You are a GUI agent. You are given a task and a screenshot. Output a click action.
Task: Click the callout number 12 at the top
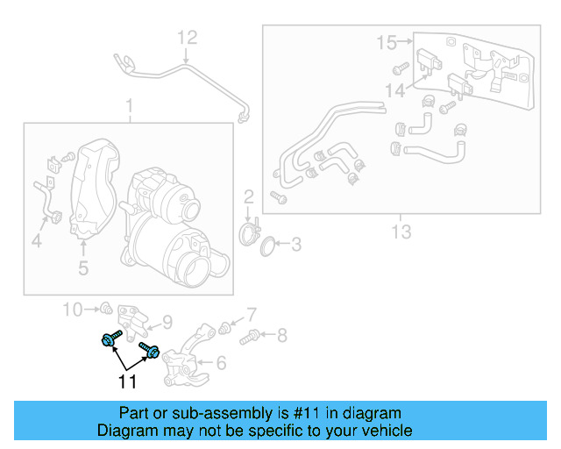[188, 38]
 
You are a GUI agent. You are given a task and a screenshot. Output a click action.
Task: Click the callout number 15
[387, 41]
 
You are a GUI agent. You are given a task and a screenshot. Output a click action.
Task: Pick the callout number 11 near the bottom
[128, 381]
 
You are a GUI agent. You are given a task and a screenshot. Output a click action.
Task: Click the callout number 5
[82, 267]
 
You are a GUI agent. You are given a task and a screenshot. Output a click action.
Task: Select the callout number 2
[248, 196]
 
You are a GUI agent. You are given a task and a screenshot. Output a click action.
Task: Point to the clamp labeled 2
[250, 232]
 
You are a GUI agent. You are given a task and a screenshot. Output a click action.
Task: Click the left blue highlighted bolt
[110, 339]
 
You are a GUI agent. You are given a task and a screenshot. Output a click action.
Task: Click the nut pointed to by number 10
[104, 308]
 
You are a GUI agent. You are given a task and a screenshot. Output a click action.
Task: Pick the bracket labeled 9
[132, 321]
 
